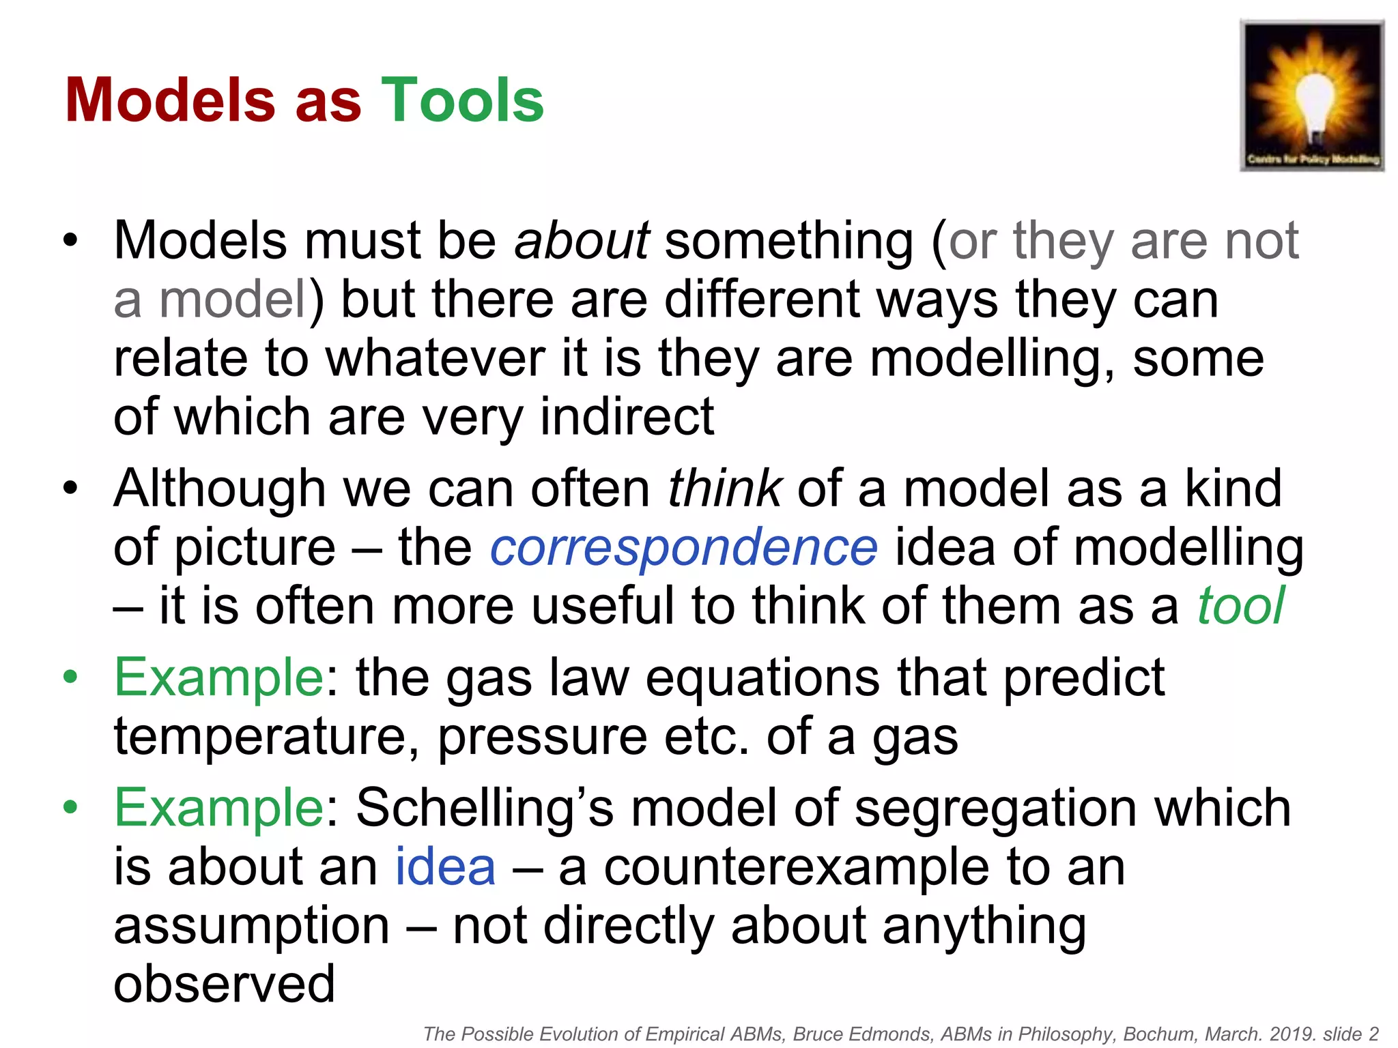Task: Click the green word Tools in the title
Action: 462,100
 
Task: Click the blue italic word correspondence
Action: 683,547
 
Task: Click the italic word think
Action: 724,489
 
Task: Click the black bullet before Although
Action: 70,489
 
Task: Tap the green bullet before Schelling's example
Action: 70,808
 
